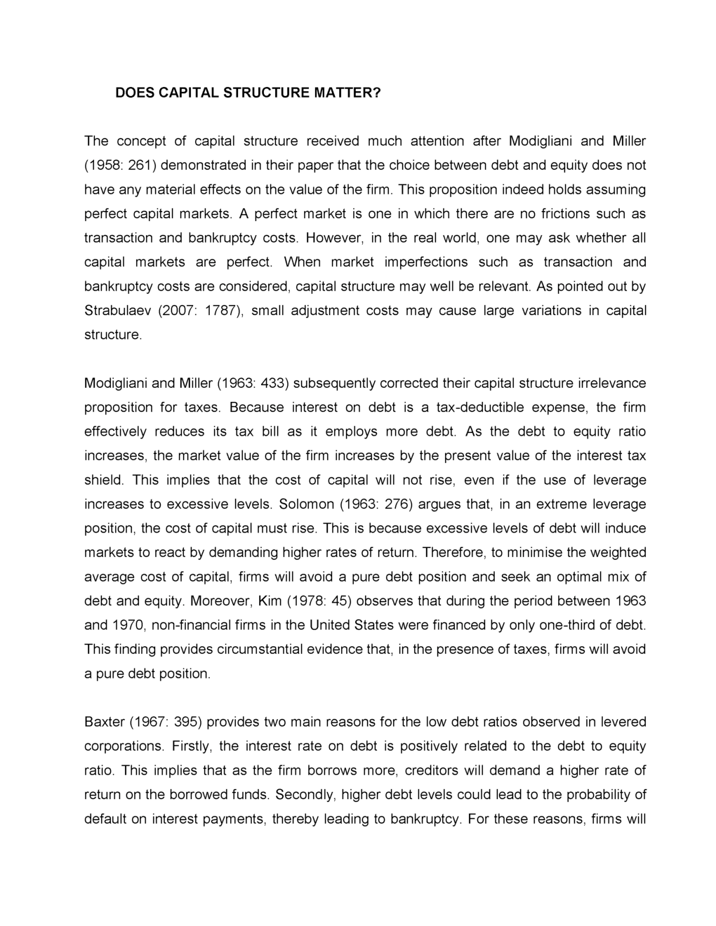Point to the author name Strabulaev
click(114, 311)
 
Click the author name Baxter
click(103, 722)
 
